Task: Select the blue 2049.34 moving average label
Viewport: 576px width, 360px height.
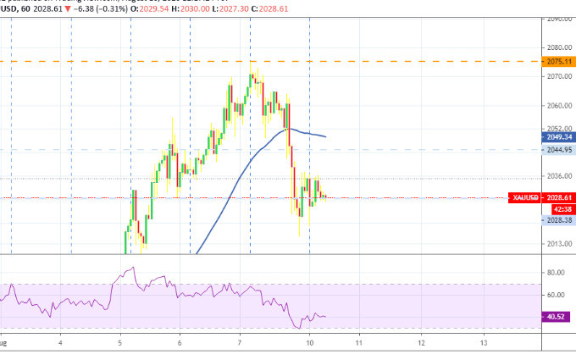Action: pos(558,136)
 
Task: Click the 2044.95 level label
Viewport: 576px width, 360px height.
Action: pos(558,149)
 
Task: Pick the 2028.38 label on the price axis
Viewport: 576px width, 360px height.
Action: pos(558,219)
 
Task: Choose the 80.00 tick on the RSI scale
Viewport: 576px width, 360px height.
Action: pos(557,272)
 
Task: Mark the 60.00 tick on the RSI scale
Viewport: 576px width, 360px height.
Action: pos(557,295)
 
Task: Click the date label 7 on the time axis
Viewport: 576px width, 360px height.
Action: pos(240,343)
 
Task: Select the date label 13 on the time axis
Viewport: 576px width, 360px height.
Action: pos(484,343)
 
